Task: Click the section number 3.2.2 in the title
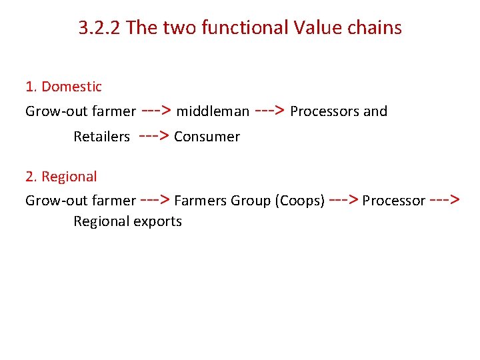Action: click(99, 28)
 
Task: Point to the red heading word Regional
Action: click(69, 177)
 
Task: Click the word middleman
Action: click(213, 111)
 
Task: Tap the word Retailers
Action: click(101, 137)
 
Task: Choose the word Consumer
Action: click(207, 137)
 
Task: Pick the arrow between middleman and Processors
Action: click(270, 111)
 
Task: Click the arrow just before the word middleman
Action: click(156, 111)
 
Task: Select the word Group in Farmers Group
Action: click(251, 201)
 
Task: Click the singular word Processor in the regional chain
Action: click(393, 201)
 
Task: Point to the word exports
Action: click(157, 221)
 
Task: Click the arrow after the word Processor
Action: click(444, 200)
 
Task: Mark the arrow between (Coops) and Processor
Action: click(344, 200)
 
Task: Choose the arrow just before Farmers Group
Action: click(155, 200)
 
